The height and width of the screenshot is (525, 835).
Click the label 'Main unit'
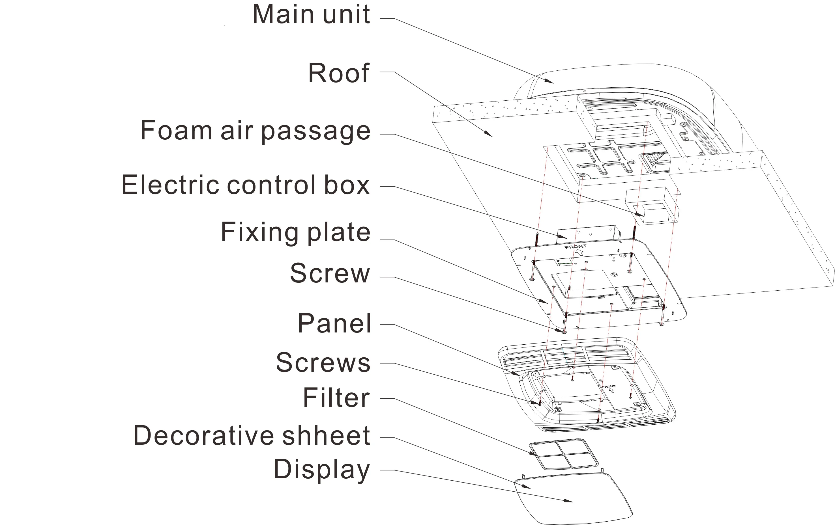[311, 14]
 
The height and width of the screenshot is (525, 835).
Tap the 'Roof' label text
[338, 74]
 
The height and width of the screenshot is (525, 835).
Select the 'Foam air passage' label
[255, 131]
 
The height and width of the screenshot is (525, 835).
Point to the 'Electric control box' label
[246, 185]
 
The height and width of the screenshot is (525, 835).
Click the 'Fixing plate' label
[295, 232]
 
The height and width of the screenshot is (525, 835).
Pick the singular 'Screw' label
[330, 273]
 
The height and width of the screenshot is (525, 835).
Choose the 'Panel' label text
[334, 323]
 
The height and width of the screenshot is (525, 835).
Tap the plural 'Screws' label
[323, 362]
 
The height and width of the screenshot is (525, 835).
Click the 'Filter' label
[336, 397]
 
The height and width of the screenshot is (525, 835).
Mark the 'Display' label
[321, 469]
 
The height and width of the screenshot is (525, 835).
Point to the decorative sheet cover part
[572, 499]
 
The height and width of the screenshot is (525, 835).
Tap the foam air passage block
[652, 206]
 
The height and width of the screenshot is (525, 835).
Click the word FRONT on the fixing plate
[575, 247]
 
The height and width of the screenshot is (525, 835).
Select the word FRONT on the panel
[609, 386]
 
